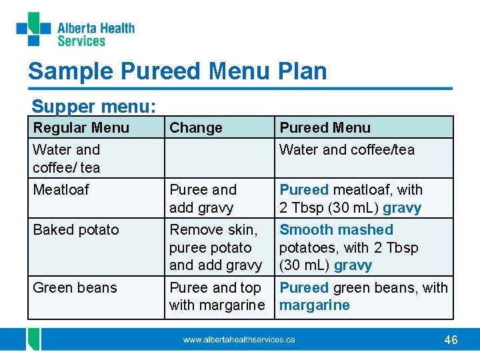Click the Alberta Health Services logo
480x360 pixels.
[x=75, y=30]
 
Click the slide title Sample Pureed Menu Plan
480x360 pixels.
[x=177, y=71]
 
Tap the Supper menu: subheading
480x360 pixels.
[x=94, y=106]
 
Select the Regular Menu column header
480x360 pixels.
[x=81, y=127]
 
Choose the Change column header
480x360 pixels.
[x=196, y=127]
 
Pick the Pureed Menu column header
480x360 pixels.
[x=325, y=127]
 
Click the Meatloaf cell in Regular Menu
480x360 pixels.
[x=61, y=190]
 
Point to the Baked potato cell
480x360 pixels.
[x=76, y=230]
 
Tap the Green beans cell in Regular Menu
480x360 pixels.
[x=75, y=288]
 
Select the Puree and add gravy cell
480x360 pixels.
[x=202, y=199]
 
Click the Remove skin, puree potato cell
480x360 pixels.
[x=215, y=247]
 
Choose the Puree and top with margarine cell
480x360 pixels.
[x=217, y=297]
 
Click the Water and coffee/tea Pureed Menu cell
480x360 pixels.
[x=347, y=150]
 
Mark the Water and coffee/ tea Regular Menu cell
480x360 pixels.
[x=67, y=159]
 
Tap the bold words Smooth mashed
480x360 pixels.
[x=336, y=230]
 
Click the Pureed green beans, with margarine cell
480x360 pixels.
[x=363, y=297]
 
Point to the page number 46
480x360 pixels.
[x=451, y=340]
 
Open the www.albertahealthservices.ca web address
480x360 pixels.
[x=239, y=340]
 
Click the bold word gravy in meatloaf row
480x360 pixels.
[x=402, y=208]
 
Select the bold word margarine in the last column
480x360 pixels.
[x=315, y=305]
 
